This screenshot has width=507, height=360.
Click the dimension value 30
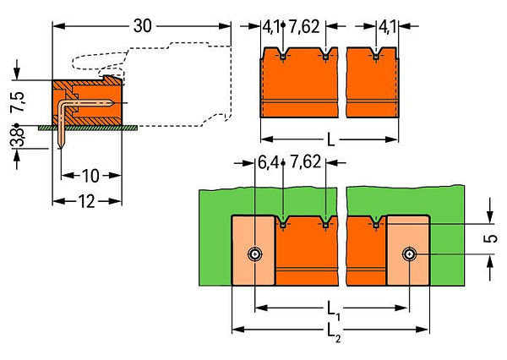tap(142, 25)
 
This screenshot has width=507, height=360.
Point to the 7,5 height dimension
tap(18, 102)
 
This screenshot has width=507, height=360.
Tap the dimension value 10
tap(90, 176)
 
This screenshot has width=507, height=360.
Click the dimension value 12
tap(86, 201)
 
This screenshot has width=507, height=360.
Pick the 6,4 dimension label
tap(268, 162)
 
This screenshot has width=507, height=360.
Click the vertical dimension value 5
tap(491, 238)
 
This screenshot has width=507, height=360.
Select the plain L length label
tap(330, 140)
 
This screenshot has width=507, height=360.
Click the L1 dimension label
tap(334, 311)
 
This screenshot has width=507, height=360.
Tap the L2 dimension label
tap(334, 332)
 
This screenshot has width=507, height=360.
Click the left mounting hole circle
tap(255, 254)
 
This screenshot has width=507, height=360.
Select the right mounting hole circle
tap(410, 254)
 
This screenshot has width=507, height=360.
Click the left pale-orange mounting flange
tap(253, 251)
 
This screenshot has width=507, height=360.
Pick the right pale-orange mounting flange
tap(408, 251)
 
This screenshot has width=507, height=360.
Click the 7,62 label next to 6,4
tap(306, 162)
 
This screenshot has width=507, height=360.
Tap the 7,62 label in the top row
tap(304, 26)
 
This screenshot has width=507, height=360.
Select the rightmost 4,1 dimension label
tap(387, 27)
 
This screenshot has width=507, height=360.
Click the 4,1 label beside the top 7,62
tap(271, 27)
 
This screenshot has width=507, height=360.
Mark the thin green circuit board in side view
tap(88, 128)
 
